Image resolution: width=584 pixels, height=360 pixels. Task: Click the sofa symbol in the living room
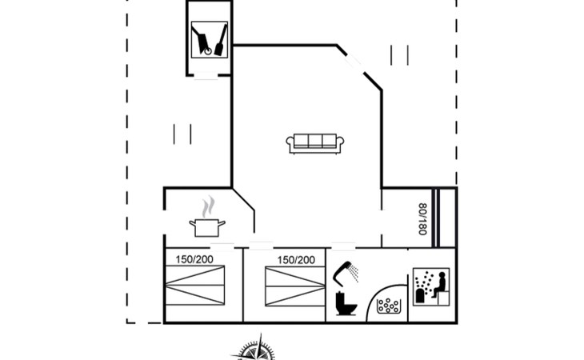click(315, 144)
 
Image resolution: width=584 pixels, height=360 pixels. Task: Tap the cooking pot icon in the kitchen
click(207, 227)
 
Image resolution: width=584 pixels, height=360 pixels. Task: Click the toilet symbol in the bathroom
click(346, 303)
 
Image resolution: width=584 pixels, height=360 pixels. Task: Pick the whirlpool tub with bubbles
click(389, 306)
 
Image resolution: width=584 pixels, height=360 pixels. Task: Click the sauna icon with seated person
click(431, 286)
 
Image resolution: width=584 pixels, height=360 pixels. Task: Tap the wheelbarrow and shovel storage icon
click(210, 39)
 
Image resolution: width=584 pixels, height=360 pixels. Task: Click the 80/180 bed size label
click(422, 219)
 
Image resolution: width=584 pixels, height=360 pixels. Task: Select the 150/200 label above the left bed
click(194, 259)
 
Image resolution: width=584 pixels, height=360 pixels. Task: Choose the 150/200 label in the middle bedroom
click(296, 260)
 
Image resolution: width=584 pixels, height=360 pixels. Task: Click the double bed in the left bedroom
click(194, 285)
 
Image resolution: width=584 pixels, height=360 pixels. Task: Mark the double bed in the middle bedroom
click(295, 286)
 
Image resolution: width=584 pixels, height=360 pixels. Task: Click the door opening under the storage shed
click(206, 76)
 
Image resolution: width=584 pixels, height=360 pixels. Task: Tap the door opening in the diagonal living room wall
click(353, 62)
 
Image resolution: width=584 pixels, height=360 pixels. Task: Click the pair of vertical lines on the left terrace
click(182, 134)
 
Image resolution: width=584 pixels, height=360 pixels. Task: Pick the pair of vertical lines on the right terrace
click(400, 55)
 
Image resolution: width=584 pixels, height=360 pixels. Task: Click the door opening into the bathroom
click(343, 246)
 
